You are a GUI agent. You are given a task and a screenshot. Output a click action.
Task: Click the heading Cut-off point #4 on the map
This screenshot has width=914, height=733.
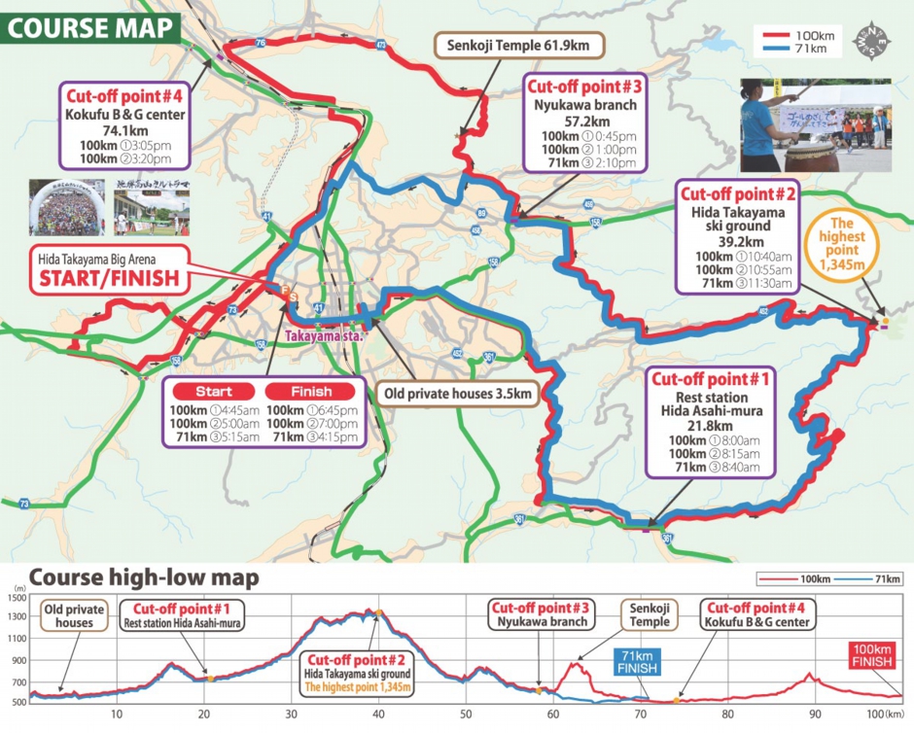tap(123, 98)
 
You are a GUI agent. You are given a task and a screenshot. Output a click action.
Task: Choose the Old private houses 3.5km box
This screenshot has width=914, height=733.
tap(456, 394)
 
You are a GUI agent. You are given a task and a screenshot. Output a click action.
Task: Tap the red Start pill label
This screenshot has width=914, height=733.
tap(213, 391)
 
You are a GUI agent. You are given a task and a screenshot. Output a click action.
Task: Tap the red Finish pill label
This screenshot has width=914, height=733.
tap(310, 391)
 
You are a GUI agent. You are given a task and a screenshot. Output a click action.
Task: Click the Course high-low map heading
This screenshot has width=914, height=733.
tap(144, 578)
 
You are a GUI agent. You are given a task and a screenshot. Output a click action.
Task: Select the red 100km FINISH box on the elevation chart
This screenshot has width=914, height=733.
tap(874, 653)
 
